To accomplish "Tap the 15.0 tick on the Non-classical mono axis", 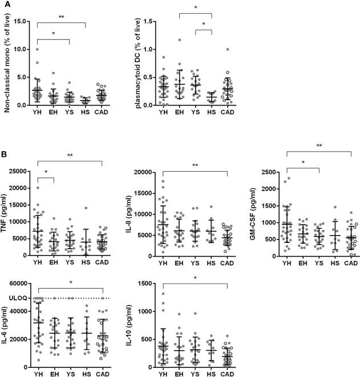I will (21, 22).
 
